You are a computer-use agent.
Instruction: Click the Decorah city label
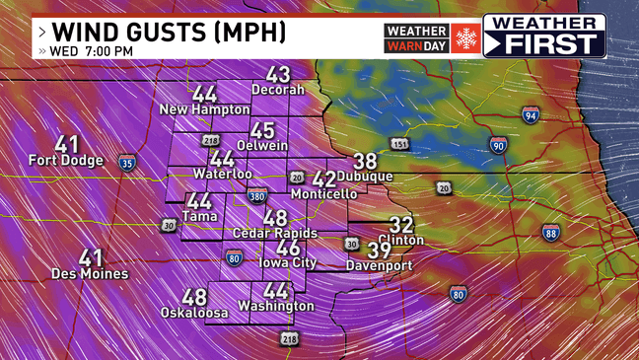point(278,90)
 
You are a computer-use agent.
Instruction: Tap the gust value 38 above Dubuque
point(365,161)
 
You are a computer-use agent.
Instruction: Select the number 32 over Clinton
point(401,225)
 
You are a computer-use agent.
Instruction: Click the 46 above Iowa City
point(288,249)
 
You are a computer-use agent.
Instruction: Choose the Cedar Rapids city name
point(274,233)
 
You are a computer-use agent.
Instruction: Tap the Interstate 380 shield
point(257,196)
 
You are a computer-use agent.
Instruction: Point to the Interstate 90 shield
point(499,146)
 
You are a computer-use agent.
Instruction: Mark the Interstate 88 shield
point(550,232)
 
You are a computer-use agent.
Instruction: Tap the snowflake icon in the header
point(464,37)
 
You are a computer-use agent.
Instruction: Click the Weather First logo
point(544,36)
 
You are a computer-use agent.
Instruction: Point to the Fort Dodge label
point(67,160)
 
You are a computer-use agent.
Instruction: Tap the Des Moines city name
point(90,273)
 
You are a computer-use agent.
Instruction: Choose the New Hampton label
point(205,109)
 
